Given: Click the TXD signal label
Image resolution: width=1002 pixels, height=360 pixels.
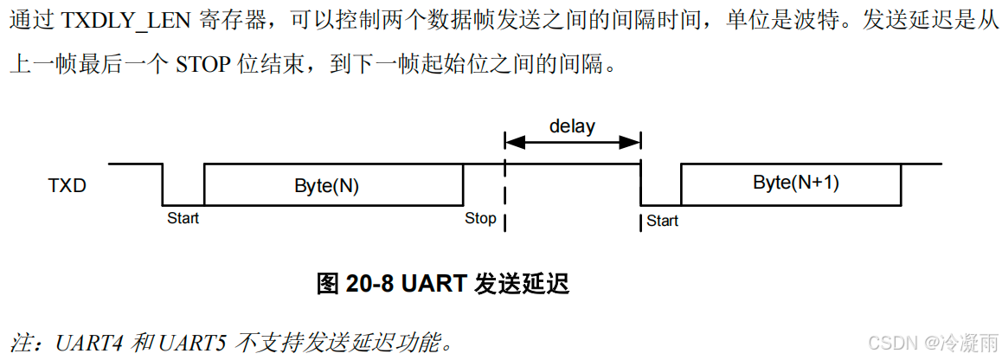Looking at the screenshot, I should tap(67, 185).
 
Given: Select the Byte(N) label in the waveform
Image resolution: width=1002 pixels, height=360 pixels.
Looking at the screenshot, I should tap(326, 185).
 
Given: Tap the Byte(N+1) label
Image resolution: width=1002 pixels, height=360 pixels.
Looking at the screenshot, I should tap(796, 183).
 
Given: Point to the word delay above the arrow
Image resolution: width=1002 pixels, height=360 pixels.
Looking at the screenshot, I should tap(572, 126).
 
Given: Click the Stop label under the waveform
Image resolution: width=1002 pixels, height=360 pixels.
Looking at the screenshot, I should tap(480, 218).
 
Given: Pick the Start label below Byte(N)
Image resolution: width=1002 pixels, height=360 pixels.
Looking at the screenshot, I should tap(183, 218).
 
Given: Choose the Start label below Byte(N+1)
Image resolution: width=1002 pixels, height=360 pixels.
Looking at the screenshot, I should tap(662, 221).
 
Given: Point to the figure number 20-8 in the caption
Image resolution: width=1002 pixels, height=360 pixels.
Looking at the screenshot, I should tap(369, 283).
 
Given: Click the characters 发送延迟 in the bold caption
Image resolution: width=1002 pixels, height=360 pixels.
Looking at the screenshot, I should tap(523, 283).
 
